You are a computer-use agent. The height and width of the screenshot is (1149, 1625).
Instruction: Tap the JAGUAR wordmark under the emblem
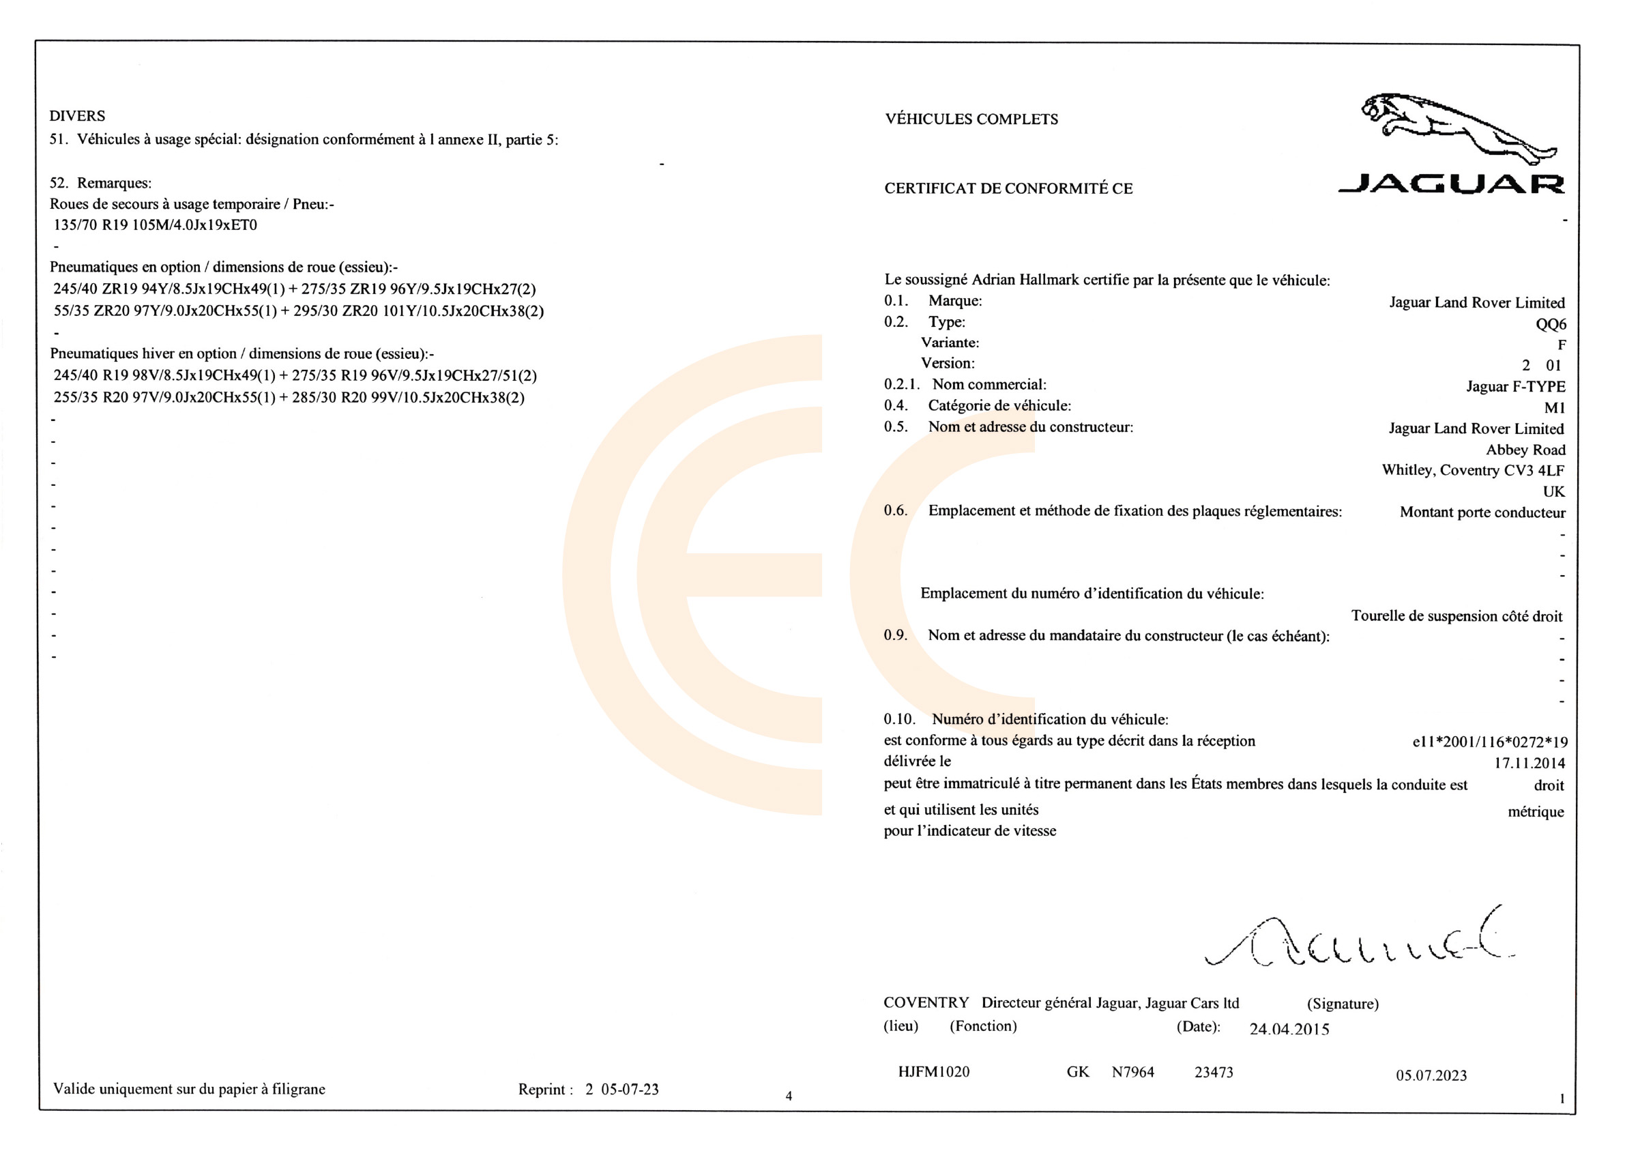pos(1451,184)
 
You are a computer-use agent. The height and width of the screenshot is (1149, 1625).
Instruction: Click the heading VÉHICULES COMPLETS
pos(971,119)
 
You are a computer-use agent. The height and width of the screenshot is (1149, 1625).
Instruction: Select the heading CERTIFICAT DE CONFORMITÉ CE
pos(1008,188)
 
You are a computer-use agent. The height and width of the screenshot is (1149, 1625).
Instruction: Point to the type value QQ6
pos(1550,324)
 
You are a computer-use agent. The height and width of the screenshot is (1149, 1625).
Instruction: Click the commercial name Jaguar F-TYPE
pos(1514,387)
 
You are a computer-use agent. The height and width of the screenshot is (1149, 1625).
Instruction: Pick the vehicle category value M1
pos(1554,408)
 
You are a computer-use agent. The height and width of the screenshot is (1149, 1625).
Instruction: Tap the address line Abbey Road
pos(1525,450)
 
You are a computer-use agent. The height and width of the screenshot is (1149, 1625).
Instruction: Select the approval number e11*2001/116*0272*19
pos(1489,742)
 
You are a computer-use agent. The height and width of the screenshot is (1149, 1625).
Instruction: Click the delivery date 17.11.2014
pos(1529,763)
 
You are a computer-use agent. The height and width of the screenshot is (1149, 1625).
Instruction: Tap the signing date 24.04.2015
pos(1289,1029)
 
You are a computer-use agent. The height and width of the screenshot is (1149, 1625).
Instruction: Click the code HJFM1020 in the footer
pos(933,1072)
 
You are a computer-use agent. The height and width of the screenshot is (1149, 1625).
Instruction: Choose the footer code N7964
pos(1132,1072)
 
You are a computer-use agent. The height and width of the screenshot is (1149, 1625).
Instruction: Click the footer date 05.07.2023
pos(1431,1075)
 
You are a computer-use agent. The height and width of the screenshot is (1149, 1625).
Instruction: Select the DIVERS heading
pos(77,116)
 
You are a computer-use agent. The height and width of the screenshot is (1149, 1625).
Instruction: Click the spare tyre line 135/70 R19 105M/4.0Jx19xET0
pos(155,225)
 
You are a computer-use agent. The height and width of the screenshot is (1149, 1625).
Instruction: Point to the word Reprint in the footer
pos(542,1090)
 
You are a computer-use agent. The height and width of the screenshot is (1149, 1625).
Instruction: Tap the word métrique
pos(1535,812)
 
